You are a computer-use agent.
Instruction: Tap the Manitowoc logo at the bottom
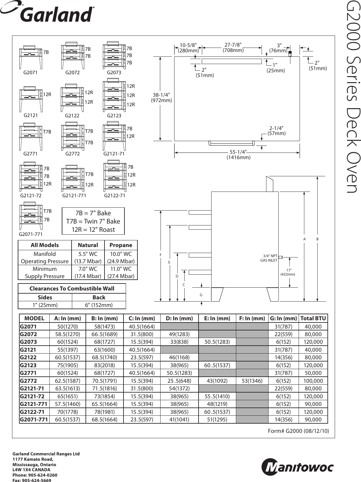click(x=297, y=467)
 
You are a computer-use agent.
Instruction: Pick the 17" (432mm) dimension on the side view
click(x=288, y=272)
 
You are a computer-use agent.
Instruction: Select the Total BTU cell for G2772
click(x=313, y=381)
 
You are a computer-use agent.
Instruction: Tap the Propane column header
click(x=121, y=245)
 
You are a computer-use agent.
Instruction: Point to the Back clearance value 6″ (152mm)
click(x=99, y=305)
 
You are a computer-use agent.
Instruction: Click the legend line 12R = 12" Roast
click(x=93, y=230)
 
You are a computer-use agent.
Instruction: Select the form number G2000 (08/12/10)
click(x=298, y=431)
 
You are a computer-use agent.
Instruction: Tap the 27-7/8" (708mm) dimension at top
click(x=233, y=47)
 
